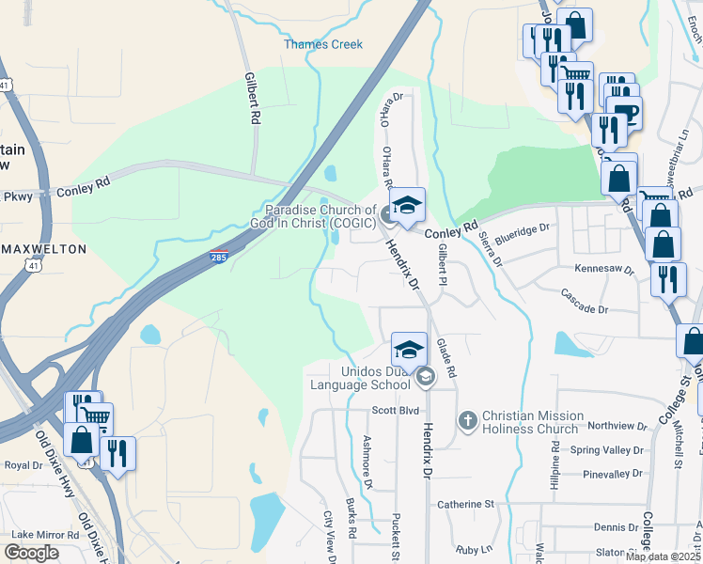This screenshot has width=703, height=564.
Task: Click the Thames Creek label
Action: [323, 44]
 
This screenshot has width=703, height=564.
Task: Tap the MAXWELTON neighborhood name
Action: [45, 249]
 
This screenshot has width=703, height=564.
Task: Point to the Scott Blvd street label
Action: [395, 411]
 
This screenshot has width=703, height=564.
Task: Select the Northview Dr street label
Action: [615, 426]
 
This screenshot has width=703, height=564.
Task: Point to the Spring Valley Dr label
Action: [612, 450]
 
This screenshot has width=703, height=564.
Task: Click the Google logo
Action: [32, 553]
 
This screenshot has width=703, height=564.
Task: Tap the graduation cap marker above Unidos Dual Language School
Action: [409, 350]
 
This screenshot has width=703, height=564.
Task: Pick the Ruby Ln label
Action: [474, 549]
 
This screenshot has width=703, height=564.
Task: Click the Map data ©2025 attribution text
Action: [663, 556]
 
